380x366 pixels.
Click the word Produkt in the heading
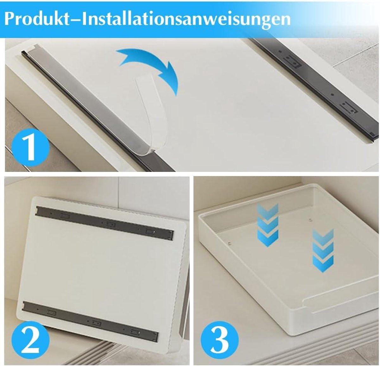point(37,19)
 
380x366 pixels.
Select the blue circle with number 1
point(30,147)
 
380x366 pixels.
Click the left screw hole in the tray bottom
point(230,243)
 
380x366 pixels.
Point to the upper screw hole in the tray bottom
point(310,220)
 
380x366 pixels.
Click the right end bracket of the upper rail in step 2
point(170,235)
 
